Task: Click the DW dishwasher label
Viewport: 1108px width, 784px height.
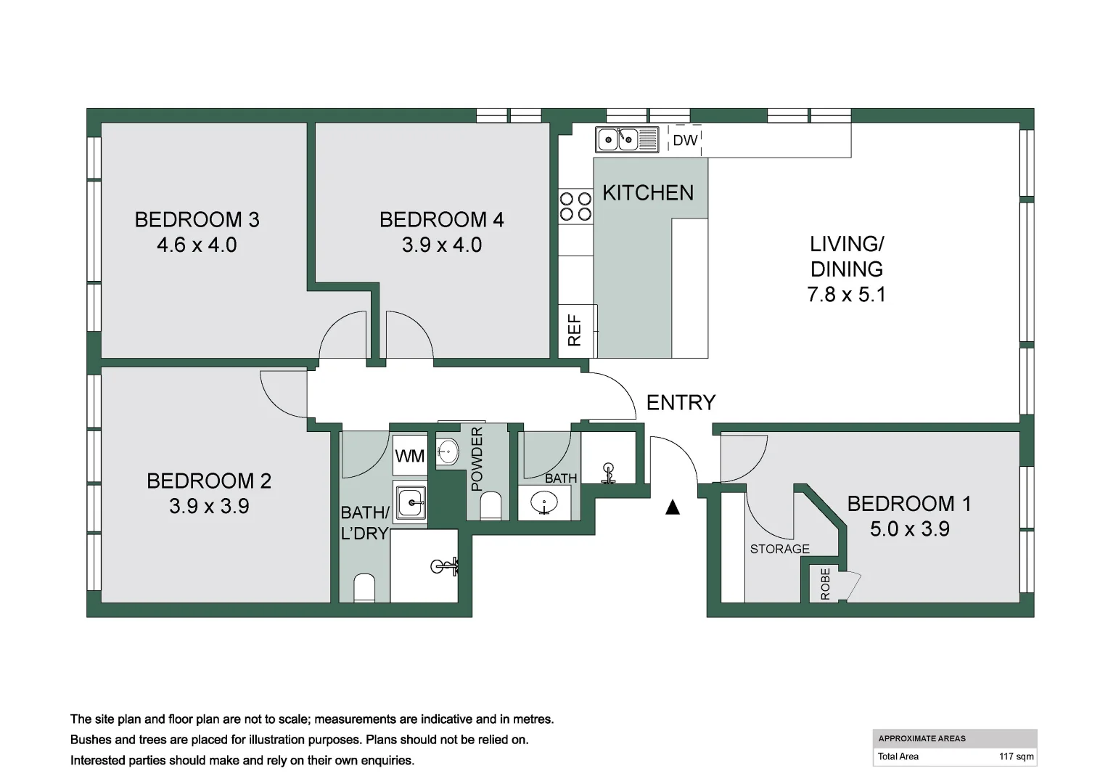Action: (685, 140)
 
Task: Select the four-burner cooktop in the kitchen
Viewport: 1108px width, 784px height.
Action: (575, 206)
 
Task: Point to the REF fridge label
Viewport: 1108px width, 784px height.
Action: (575, 330)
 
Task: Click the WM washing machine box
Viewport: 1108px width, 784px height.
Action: (410, 457)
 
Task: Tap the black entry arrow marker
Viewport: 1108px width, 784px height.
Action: (673, 507)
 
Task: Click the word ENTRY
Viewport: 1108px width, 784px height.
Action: (681, 402)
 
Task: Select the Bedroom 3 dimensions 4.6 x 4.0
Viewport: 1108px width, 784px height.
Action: (197, 245)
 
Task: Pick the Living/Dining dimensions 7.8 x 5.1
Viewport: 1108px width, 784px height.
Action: (846, 295)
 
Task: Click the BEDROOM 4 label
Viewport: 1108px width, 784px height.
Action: (441, 219)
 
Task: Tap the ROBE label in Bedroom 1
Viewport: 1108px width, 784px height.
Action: (825, 584)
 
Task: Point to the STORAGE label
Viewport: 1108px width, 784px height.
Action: (779, 550)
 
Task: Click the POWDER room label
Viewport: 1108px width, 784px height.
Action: (477, 459)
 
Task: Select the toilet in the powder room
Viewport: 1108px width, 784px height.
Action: (491, 506)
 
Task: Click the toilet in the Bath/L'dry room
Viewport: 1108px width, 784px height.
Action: (364, 589)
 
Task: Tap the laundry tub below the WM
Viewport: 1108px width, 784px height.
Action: (411, 501)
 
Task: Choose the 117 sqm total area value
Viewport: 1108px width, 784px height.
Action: (1016, 756)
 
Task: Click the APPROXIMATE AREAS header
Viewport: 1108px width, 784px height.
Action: (922, 738)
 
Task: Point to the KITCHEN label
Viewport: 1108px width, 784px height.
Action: (648, 193)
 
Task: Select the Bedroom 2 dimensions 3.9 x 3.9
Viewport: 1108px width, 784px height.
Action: (209, 506)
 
